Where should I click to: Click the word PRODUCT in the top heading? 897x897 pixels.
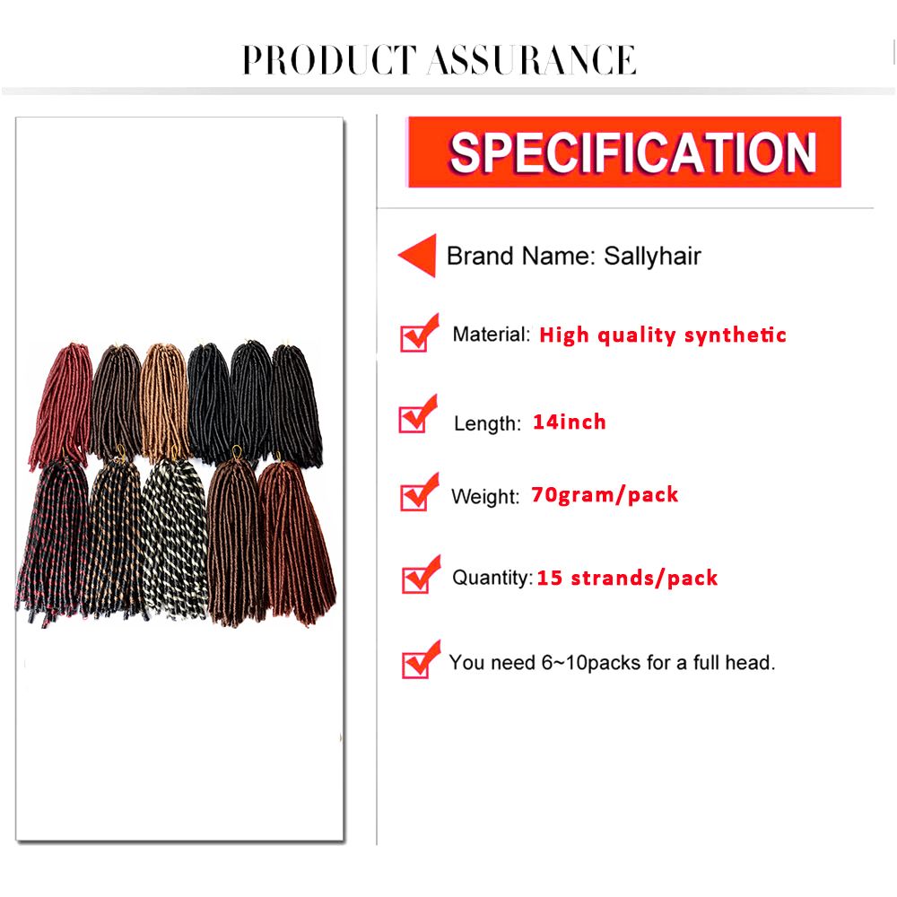[329, 60]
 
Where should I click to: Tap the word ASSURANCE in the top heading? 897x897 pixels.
[532, 60]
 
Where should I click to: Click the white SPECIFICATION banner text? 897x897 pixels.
[632, 152]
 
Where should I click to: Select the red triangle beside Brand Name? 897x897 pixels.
[418, 255]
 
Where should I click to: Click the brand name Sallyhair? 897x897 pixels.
[652, 256]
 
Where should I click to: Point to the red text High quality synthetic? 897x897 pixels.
[663, 335]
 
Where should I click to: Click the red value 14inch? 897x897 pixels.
[570, 422]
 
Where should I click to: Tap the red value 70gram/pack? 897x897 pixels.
[605, 495]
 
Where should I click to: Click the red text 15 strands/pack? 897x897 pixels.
[627, 578]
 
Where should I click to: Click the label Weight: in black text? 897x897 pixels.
[485, 497]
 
